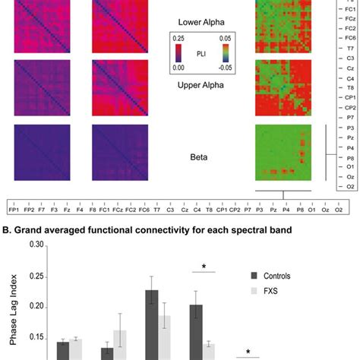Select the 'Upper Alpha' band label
coord(204,97)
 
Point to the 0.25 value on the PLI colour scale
coord(176,38)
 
